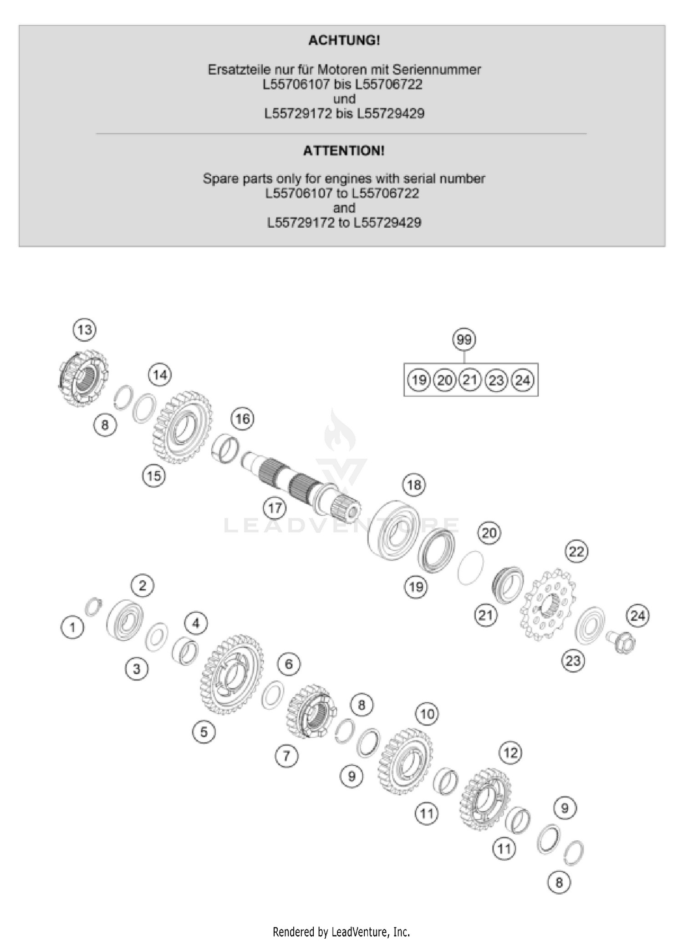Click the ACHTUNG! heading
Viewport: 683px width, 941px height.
click(x=344, y=41)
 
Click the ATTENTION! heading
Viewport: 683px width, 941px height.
click(x=344, y=151)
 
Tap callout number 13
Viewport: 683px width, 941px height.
click(x=85, y=329)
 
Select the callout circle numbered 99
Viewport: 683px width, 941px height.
click(x=464, y=340)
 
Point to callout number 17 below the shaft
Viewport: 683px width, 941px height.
click(x=275, y=508)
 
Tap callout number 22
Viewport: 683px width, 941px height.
click(x=576, y=552)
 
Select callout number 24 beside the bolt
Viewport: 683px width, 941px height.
click(x=637, y=616)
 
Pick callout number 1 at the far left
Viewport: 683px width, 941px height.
click(x=72, y=628)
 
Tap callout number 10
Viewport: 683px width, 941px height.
click(x=427, y=714)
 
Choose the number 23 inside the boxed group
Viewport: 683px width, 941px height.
click(x=496, y=380)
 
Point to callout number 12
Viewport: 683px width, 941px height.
click(x=510, y=752)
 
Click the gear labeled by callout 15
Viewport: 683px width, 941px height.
click(x=182, y=427)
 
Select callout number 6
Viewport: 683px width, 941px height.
click(x=289, y=664)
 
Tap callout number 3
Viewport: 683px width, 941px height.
click(x=137, y=669)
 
